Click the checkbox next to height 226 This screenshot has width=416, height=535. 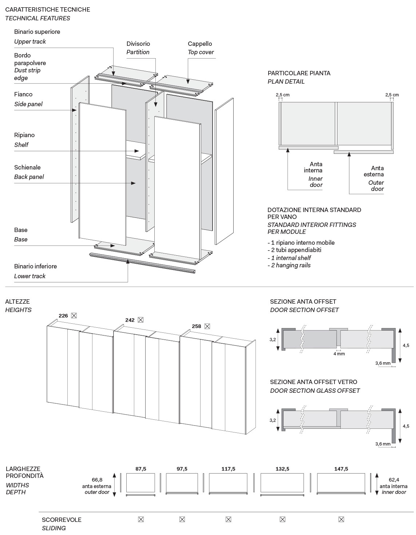(74, 315)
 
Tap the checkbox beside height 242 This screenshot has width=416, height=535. (141, 320)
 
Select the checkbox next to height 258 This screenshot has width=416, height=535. (207, 326)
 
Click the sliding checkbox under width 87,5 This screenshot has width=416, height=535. (141, 519)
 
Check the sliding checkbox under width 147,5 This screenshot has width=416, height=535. (341, 519)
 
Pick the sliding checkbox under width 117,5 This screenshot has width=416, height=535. (228, 519)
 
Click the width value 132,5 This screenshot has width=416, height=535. (282, 469)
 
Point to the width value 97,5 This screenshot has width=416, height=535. (182, 469)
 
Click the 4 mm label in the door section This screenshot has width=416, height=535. (339, 354)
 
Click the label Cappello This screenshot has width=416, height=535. (200, 44)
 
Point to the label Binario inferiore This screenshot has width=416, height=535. (35, 266)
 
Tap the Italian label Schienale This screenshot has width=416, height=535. (27, 167)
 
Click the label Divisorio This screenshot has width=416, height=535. (138, 44)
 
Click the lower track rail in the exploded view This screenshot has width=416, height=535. (142, 263)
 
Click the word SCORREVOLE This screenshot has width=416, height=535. (62, 520)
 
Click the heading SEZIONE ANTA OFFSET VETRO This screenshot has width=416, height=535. (313, 382)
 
